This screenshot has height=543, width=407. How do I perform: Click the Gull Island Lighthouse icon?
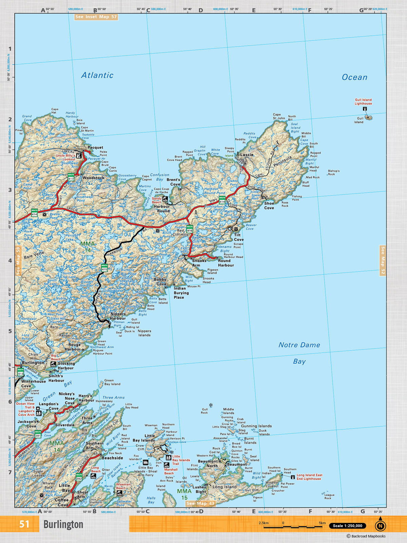click(365, 109)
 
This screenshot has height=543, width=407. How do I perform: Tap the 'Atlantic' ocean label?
click(97, 75)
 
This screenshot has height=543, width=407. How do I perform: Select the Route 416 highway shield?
click(190, 229)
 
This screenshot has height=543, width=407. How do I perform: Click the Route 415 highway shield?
click(104, 268)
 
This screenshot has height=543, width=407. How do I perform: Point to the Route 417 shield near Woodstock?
click(71, 177)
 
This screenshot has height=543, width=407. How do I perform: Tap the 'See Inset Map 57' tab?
click(96, 17)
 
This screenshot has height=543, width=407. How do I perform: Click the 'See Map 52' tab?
click(383, 260)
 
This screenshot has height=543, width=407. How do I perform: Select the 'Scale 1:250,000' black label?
click(347, 526)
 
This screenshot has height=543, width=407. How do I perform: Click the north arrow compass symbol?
click(380, 525)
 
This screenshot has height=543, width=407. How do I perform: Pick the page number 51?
click(24, 524)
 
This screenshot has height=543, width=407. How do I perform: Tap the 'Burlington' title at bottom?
click(63, 525)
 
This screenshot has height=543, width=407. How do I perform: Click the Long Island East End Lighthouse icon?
click(293, 477)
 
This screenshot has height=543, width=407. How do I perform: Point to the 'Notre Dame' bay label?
click(299, 345)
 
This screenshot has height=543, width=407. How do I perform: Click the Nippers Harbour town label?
click(118, 316)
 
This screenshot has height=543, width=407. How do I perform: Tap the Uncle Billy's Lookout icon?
click(79, 156)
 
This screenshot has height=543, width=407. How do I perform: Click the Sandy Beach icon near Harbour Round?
click(165, 199)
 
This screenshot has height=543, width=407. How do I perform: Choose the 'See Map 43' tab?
click(200, 503)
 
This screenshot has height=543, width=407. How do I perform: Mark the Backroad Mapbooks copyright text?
click(366, 536)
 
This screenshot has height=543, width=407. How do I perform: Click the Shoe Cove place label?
click(269, 206)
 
